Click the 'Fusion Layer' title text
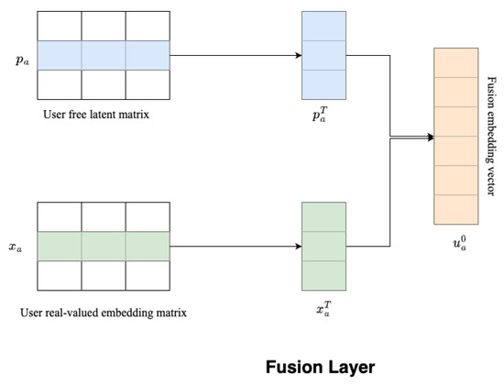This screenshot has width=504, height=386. pos(320,367)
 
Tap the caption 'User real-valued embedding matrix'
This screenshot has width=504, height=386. pos(104,312)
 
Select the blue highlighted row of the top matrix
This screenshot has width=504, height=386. pos(104,56)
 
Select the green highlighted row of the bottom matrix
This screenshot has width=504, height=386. pos(104,247)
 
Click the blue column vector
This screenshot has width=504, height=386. pos(324,55)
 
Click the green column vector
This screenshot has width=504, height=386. pos(324,246)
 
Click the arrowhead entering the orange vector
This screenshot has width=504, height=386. pos(428,138)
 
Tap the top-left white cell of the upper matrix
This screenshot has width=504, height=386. pos(60,27)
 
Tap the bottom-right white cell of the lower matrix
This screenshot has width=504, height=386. pos(148,276)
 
